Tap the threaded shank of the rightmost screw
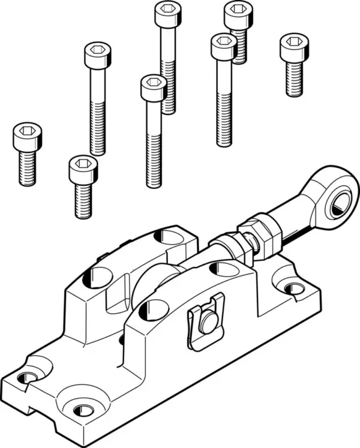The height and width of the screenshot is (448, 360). point(294,79)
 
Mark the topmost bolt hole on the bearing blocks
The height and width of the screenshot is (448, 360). point(171,237)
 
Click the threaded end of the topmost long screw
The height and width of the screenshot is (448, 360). point(169,96)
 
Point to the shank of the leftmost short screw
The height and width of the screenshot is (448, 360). point(27,168)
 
